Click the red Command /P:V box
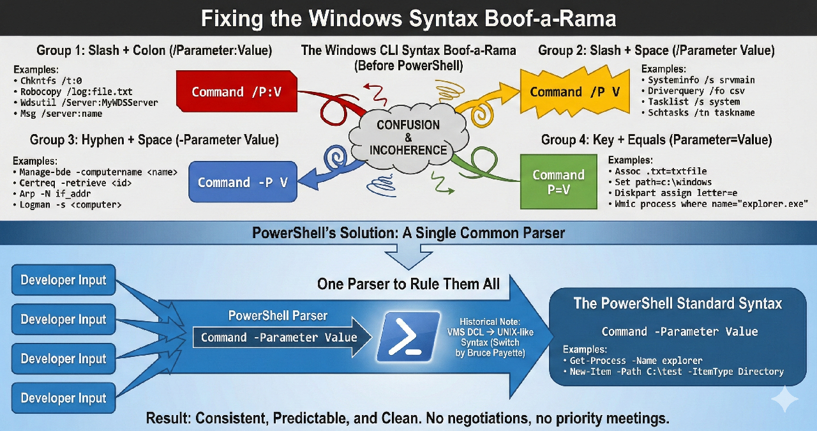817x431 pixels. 236,92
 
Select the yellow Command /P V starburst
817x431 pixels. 574,92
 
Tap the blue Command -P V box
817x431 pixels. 243,182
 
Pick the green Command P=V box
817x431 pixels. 558,181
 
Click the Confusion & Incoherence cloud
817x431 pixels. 408,137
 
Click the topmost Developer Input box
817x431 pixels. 63,280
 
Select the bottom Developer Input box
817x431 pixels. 63,398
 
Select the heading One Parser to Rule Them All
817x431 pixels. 408,284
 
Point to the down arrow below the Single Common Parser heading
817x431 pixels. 408,256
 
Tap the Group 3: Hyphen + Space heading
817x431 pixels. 154,140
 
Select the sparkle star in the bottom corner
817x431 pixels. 784,400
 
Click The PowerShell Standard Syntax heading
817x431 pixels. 677,303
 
